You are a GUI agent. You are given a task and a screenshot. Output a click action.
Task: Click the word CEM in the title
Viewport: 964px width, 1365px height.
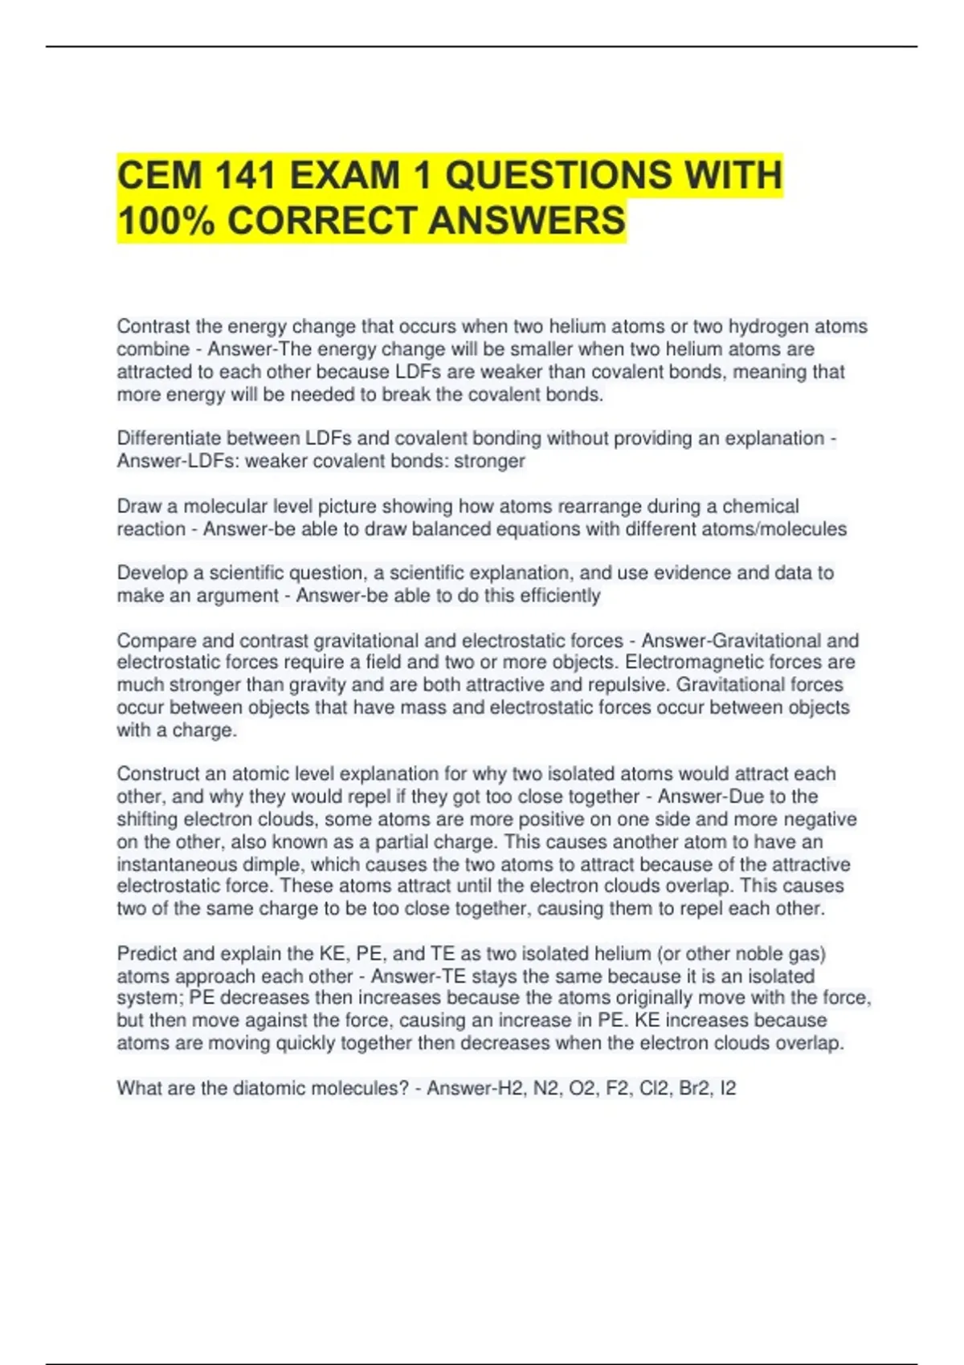click(x=157, y=176)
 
